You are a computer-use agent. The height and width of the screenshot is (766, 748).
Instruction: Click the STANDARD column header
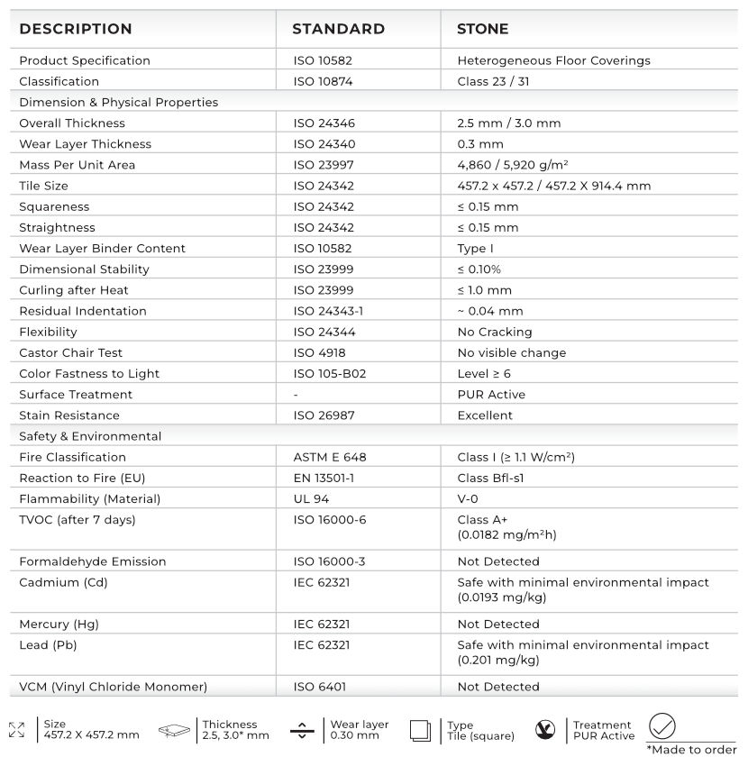pos(338,30)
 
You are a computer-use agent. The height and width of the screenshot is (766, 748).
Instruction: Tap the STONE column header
pos(482,30)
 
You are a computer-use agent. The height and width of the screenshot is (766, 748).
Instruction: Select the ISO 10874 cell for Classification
pos(323,81)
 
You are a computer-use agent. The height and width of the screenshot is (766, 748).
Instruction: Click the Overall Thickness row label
pos(72,123)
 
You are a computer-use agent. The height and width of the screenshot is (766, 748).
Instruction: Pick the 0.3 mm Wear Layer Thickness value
pos(480,144)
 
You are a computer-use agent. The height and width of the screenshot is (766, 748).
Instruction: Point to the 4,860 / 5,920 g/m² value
pos(512,165)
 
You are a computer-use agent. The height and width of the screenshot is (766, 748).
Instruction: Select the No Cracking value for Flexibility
pos(494,332)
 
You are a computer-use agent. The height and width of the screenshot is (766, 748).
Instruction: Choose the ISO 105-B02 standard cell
pos(330,373)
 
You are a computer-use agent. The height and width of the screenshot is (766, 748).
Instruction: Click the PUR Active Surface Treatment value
pos(491,395)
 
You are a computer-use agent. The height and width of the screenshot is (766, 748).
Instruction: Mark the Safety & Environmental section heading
pos(90,436)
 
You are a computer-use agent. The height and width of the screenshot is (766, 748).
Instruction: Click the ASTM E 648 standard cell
pos(330,457)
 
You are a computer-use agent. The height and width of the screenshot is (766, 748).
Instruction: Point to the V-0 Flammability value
pos(470,498)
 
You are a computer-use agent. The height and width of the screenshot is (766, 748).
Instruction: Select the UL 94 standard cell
pos(312,498)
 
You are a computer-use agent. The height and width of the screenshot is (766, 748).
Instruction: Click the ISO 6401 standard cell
pos(319,687)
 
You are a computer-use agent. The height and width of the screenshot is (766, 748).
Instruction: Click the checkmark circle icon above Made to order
pos(662,726)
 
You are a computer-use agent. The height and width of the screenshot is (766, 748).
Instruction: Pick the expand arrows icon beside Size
pos(16,730)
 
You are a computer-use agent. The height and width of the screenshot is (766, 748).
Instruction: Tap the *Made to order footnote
pos(691,750)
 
